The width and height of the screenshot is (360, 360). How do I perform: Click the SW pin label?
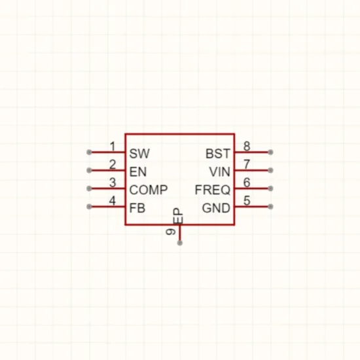139,153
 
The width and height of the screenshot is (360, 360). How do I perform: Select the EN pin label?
137,171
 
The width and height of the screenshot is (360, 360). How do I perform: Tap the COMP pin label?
149,190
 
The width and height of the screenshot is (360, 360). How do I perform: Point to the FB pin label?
137,208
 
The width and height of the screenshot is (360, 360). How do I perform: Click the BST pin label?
218,153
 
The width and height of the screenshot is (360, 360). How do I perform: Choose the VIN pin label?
219,171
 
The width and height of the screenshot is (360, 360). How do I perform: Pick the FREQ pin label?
212,190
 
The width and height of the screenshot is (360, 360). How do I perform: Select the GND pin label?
216,208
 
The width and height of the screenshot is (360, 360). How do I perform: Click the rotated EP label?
178,216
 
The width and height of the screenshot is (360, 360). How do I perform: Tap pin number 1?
113,147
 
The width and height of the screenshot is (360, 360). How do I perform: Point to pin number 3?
113,183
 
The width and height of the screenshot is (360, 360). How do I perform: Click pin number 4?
113,201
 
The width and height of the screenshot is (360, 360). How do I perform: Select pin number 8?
247,146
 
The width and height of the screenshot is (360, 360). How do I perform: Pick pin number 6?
247,183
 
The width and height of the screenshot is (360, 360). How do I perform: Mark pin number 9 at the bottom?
171,232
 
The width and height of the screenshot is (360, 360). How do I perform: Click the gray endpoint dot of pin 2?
89,170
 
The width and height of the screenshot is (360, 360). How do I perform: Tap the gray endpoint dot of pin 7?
270,170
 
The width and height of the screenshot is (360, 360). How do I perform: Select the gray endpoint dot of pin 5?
270,207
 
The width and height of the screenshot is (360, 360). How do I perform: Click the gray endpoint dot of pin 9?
180,243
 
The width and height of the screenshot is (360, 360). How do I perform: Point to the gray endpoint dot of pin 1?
89,152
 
